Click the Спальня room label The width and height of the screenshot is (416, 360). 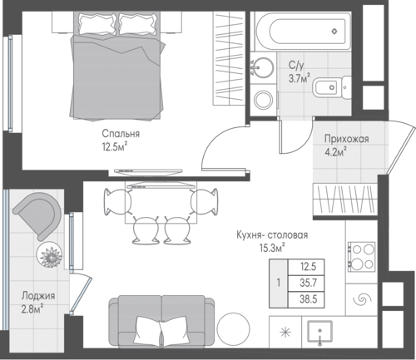(121, 134)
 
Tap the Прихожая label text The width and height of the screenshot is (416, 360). (347, 139)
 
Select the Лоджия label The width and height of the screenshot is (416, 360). (38, 296)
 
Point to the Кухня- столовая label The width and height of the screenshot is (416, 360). (272, 235)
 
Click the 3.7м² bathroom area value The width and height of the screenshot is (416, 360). (299, 78)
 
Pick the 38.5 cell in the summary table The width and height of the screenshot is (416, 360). (308, 299)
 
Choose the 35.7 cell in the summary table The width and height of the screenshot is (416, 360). (308, 284)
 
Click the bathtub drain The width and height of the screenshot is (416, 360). (334, 32)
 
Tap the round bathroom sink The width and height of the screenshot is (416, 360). (261, 67)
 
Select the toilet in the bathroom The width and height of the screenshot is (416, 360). (331, 87)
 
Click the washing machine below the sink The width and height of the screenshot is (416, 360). (264, 100)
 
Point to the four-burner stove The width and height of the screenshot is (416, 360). (361, 257)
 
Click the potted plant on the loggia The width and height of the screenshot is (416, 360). (49, 254)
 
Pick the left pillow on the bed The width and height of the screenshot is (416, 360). (97, 23)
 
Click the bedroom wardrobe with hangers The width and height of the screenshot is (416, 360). (229, 58)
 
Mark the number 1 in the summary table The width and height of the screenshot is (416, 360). (279, 284)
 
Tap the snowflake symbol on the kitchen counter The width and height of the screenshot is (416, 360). (285, 332)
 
